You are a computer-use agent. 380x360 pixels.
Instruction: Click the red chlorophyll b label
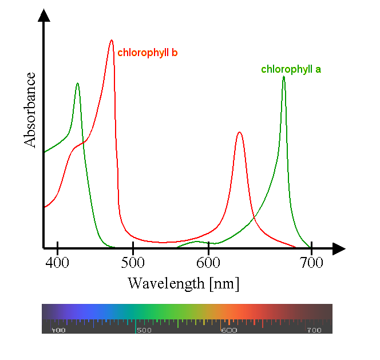(147, 53)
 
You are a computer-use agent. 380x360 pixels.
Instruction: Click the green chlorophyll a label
(291, 70)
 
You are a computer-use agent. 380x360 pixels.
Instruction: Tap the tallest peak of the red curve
(112, 41)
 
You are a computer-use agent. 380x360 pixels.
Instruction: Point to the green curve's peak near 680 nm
(284, 77)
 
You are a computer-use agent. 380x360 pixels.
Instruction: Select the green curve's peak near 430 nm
(77, 84)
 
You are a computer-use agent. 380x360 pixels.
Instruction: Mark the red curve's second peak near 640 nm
(239, 132)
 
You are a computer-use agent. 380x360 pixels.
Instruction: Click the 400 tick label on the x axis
(57, 263)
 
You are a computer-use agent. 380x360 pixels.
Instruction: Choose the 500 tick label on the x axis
(133, 263)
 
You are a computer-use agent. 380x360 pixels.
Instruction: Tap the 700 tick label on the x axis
(311, 263)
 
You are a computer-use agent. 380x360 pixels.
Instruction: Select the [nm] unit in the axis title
(224, 283)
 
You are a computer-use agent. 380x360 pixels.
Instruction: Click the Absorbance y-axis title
(30, 109)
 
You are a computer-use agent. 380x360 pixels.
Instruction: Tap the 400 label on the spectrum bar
(58, 330)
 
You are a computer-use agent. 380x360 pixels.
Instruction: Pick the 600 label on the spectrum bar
(228, 330)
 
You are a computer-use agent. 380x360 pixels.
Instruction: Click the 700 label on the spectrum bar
(314, 330)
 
